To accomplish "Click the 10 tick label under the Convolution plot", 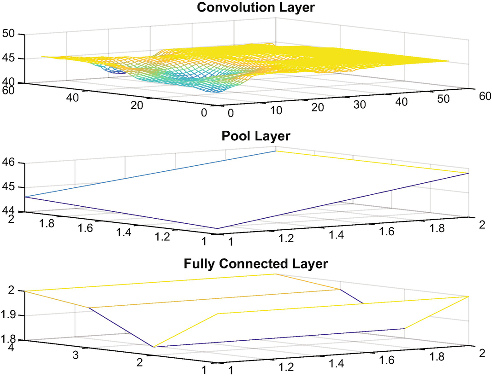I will tap(275, 111).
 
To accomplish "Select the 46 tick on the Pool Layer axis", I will tap(9, 163).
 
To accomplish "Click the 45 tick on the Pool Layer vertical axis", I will tap(9, 187).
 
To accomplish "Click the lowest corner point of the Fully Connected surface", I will tap(153, 347).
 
